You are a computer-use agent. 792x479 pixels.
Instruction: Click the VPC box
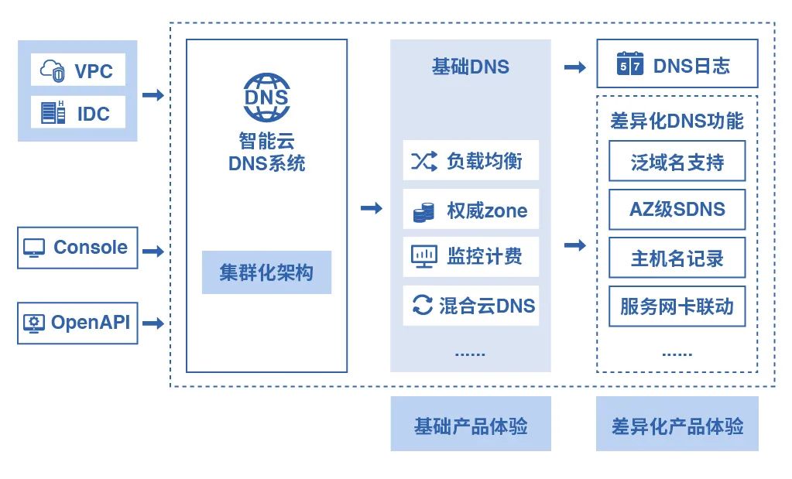77,71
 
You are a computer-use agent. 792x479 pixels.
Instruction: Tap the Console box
77,248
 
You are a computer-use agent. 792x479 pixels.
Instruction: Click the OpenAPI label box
77,323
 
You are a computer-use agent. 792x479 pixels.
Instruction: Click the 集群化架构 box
266,272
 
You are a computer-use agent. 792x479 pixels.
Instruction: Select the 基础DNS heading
470,67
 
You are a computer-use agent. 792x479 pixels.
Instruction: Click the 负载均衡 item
471,161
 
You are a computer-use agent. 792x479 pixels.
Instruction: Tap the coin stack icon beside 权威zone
423,212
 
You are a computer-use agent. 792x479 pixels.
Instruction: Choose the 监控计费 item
471,257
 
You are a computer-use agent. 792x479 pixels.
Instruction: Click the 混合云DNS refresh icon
423,305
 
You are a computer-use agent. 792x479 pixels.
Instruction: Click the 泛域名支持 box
677,162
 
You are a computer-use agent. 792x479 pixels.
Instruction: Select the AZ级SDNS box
677,210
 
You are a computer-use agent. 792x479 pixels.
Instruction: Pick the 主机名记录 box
677,258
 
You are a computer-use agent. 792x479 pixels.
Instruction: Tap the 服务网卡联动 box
677,306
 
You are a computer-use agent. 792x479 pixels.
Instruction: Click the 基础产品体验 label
471,424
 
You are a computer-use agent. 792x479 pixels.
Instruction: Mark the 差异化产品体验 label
677,424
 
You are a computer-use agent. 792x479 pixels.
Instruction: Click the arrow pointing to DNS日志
574,67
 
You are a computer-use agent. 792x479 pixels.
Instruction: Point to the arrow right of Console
153,251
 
